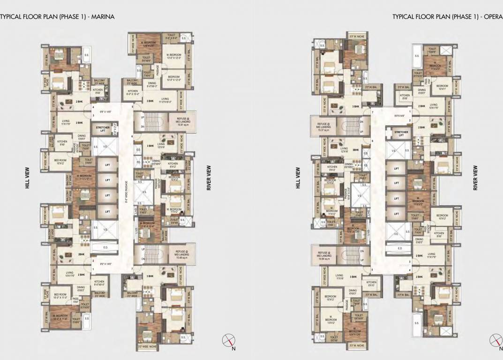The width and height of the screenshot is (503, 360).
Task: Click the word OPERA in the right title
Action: pyautogui.click(x=493, y=17)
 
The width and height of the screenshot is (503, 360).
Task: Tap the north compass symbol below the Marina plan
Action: pyautogui.click(x=228, y=340)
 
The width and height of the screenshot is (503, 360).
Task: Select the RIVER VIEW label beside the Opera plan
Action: pyautogui.click(x=475, y=179)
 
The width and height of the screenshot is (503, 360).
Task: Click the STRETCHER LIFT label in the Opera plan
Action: pyautogui.click(x=401, y=134)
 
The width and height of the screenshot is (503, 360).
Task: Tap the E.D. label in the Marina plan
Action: pyautogui.click(x=105, y=247)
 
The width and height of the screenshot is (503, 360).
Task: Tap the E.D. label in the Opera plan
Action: pyautogui.click(x=400, y=248)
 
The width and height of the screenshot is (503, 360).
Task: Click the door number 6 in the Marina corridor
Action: pyautogui.click(x=133, y=136)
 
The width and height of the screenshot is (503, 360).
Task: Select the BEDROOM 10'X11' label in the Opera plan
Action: pyautogui.click(x=443, y=87)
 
